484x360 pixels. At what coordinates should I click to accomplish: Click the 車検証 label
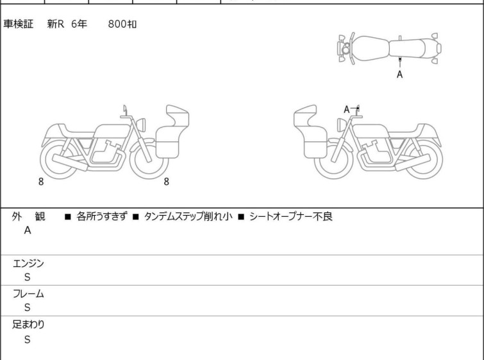18,24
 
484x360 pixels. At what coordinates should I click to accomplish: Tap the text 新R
56,24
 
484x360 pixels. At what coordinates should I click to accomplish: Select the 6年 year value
79,24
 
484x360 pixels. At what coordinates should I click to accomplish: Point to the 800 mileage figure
117,24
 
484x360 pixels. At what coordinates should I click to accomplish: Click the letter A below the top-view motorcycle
400,74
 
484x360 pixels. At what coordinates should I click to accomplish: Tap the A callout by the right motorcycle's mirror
347,109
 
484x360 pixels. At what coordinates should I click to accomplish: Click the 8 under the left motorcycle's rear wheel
41,182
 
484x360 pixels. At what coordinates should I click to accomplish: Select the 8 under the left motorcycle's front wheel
167,182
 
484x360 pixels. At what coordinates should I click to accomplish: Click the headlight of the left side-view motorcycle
141,125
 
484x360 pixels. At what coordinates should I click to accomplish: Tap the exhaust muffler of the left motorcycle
70,162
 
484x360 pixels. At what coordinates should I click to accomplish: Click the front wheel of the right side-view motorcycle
333,160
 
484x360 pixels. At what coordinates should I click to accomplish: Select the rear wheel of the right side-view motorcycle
423,160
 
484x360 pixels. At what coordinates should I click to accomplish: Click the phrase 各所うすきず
101,216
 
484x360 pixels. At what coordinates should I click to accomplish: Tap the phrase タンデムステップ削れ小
188,216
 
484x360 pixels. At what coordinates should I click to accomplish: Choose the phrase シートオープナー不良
291,216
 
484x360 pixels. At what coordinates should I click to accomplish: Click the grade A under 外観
28,230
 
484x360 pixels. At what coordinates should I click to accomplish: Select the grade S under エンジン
28,277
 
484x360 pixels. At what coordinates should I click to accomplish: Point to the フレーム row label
28,293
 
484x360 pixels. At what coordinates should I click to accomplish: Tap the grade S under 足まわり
28,339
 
